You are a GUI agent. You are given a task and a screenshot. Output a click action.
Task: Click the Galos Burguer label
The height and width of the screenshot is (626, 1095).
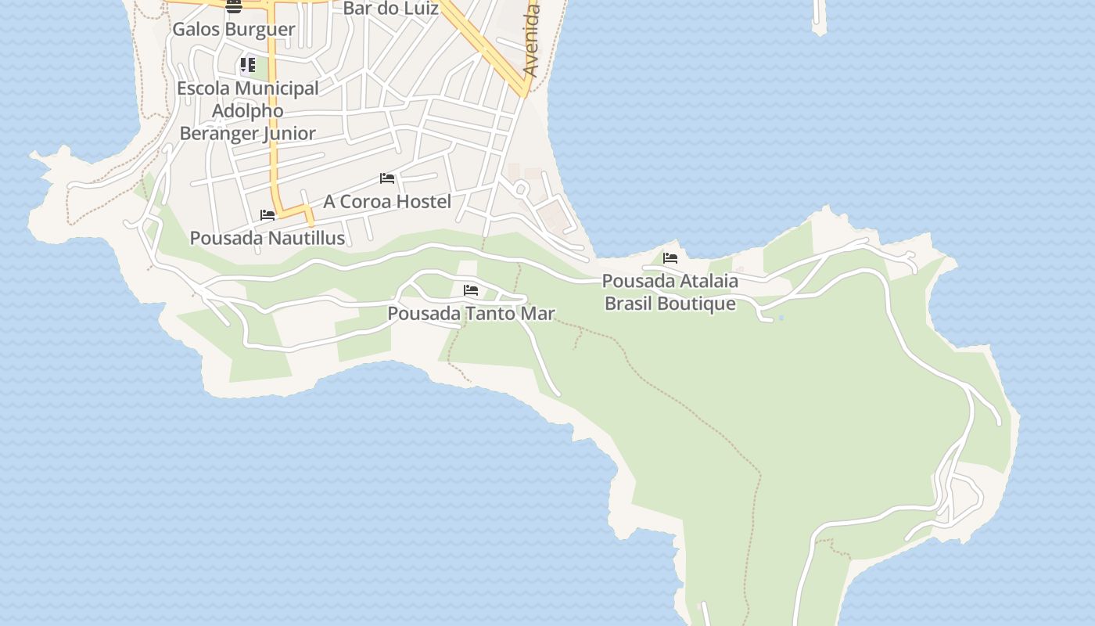233,30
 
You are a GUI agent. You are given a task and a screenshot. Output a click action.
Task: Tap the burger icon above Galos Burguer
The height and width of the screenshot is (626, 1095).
233,7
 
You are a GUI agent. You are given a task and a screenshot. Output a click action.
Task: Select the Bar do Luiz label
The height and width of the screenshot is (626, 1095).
391,9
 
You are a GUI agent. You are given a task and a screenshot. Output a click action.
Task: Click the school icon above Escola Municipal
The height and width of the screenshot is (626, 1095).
247,64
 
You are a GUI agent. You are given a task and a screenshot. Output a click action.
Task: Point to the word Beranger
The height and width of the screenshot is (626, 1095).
219,133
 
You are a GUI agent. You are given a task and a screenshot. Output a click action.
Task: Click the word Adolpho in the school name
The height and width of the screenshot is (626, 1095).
247,111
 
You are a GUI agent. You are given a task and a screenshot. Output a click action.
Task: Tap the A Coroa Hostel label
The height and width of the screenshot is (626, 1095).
387,201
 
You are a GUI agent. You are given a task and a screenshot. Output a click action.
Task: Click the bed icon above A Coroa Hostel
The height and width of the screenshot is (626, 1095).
386,178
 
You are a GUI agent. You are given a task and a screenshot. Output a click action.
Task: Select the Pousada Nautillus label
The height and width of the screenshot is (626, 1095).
267,238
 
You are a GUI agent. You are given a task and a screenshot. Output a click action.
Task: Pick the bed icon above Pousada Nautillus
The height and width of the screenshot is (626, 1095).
267,214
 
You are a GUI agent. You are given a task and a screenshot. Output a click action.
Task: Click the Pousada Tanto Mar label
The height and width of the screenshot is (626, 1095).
471,314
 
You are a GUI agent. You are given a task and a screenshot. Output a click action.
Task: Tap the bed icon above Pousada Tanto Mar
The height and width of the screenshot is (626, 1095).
470,290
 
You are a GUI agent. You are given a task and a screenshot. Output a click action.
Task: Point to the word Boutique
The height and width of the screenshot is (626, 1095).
698,304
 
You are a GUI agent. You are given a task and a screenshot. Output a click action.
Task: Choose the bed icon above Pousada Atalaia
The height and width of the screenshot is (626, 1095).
670,257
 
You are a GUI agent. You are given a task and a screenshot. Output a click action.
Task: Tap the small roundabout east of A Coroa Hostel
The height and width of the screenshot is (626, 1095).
521,188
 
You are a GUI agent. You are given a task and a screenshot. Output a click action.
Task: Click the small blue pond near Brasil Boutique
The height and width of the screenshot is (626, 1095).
781,318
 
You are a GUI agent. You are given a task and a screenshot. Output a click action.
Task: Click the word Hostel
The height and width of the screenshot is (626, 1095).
423,201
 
